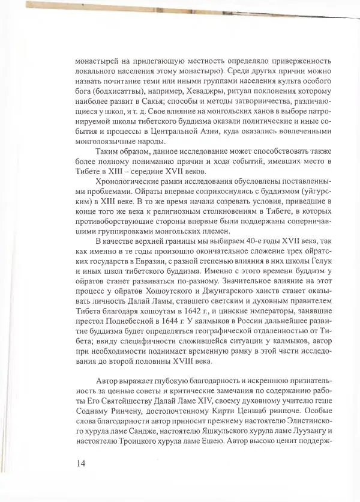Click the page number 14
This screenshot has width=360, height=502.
click(x=82, y=462)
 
